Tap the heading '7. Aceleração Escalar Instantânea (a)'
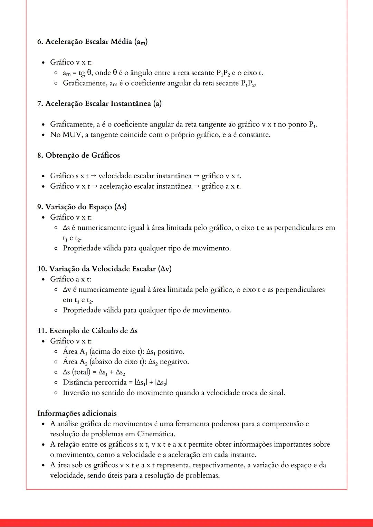(x=99, y=103)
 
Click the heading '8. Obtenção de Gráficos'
(x=78, y=155)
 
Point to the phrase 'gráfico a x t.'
(x=221, y=186)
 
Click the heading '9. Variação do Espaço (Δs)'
(x=82, y=207)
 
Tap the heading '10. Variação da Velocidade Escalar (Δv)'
(x=104, y=269)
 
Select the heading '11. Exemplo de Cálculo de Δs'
(x=87, y=331)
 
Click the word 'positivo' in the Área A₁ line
(x=171, y=351)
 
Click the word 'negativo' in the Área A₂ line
(x=174, y=362)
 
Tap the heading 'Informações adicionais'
(x=77, y=413)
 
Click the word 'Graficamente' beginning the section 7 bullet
(x=71, y=124)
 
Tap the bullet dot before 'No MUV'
(x=43, y=135)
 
